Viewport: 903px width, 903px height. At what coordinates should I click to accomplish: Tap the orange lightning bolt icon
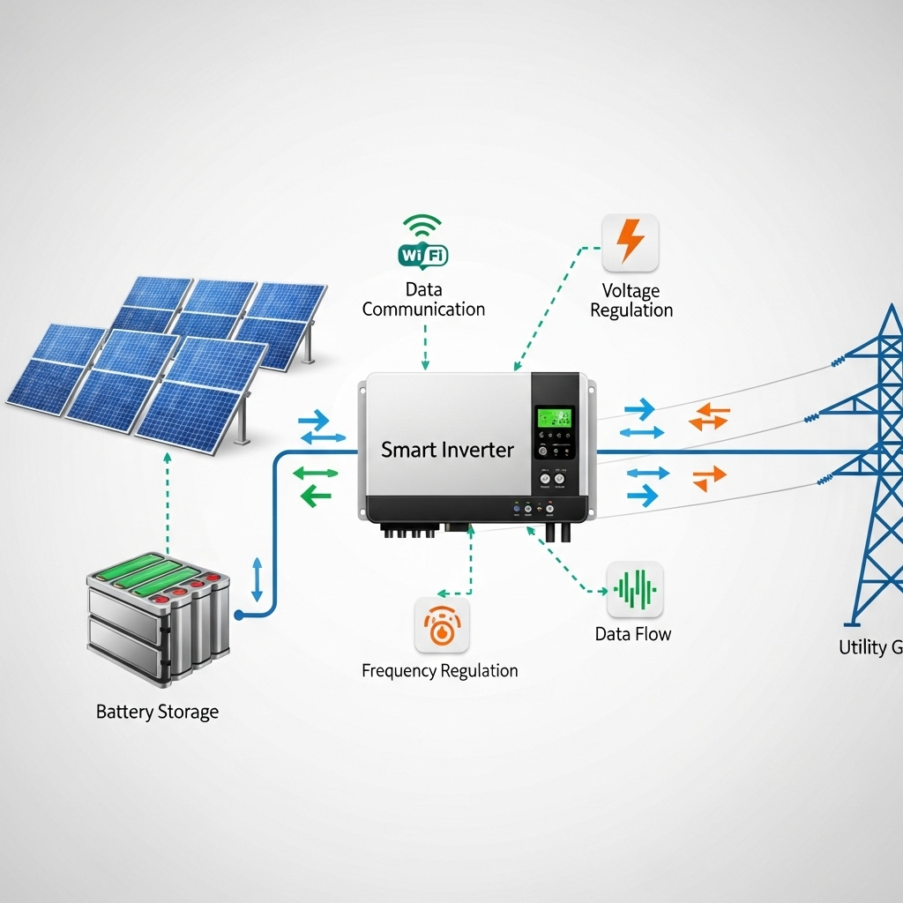coord(631,242)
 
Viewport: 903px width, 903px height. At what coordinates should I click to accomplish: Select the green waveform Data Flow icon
coord(635,589)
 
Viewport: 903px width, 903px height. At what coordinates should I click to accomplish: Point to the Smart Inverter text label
coord(447,450)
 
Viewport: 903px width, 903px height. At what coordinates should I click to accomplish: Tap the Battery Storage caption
coord(157,712)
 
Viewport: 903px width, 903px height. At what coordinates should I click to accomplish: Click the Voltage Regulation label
coord(631,301)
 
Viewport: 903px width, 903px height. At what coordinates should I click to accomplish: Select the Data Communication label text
coord(423,300)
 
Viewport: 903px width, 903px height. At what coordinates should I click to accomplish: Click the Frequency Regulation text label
coord(440,671)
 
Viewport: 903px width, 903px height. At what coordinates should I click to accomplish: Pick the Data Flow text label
coord(633,634)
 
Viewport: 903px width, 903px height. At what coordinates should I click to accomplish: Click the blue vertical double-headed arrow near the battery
coord(257,579)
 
